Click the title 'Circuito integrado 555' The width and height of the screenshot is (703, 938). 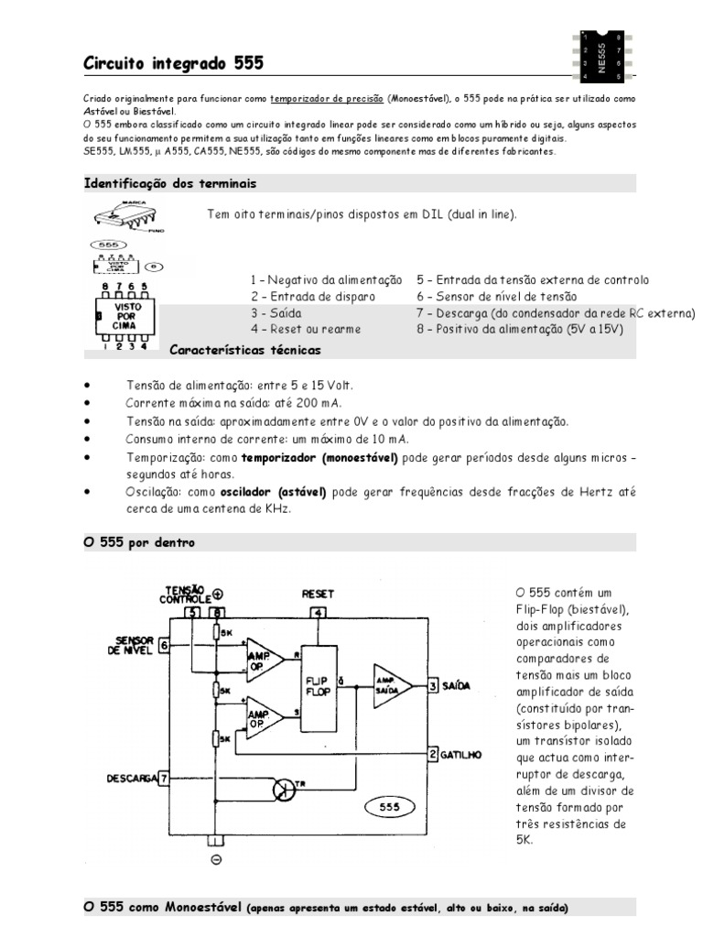coord(173,63)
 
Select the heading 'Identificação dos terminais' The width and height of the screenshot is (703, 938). coord(170,183)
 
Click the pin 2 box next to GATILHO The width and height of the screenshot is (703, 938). coord(432,755)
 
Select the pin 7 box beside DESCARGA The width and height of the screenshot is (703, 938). coord(164,779)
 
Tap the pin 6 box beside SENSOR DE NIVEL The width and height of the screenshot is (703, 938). coord(164,645)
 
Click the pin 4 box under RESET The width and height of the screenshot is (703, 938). coord(318,613)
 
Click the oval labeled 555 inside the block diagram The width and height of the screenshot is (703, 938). coord(389,807)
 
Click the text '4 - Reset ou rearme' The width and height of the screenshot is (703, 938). coord(305,329)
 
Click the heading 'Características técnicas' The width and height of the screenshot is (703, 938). coord(245,349)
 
